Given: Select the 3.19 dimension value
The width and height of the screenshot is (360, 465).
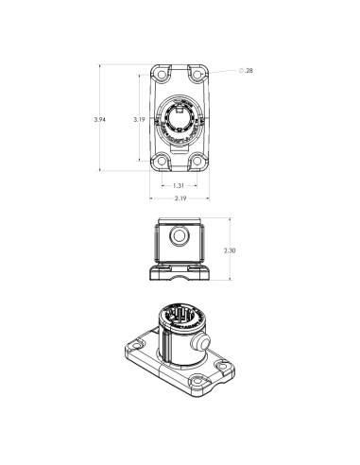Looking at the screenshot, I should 138,120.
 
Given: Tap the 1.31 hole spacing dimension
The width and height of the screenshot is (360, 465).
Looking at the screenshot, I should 179,185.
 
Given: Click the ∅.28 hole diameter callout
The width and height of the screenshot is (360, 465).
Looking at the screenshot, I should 246,71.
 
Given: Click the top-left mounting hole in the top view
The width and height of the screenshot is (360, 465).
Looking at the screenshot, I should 160,75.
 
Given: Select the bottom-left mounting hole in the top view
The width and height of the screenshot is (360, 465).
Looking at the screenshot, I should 160,161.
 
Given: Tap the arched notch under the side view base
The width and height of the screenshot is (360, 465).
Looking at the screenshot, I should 178,277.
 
